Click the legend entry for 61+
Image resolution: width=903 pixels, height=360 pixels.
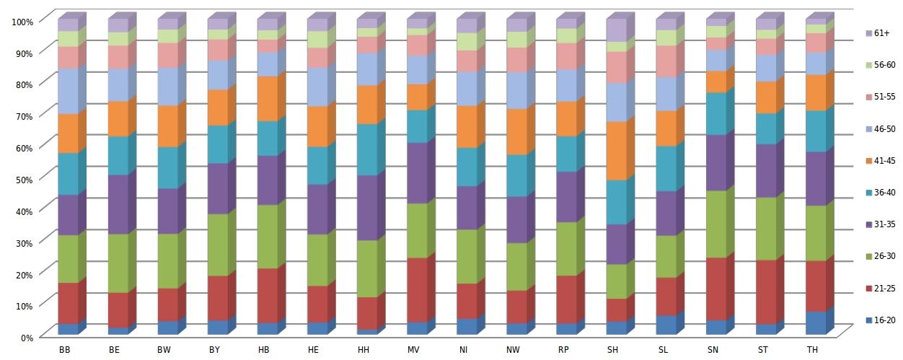click(879, 33)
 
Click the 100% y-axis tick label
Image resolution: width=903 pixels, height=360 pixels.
click(22, 22)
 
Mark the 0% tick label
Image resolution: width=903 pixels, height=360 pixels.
click(26, 337)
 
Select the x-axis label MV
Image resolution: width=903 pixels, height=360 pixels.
click(414, 351)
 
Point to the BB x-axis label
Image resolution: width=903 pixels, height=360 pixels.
click(65, 351)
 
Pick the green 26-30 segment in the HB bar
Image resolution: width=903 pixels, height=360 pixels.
click(266, 236)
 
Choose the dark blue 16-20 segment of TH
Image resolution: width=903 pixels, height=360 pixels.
click(815, 322)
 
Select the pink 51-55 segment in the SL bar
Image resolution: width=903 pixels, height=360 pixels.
click(666, 61)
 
